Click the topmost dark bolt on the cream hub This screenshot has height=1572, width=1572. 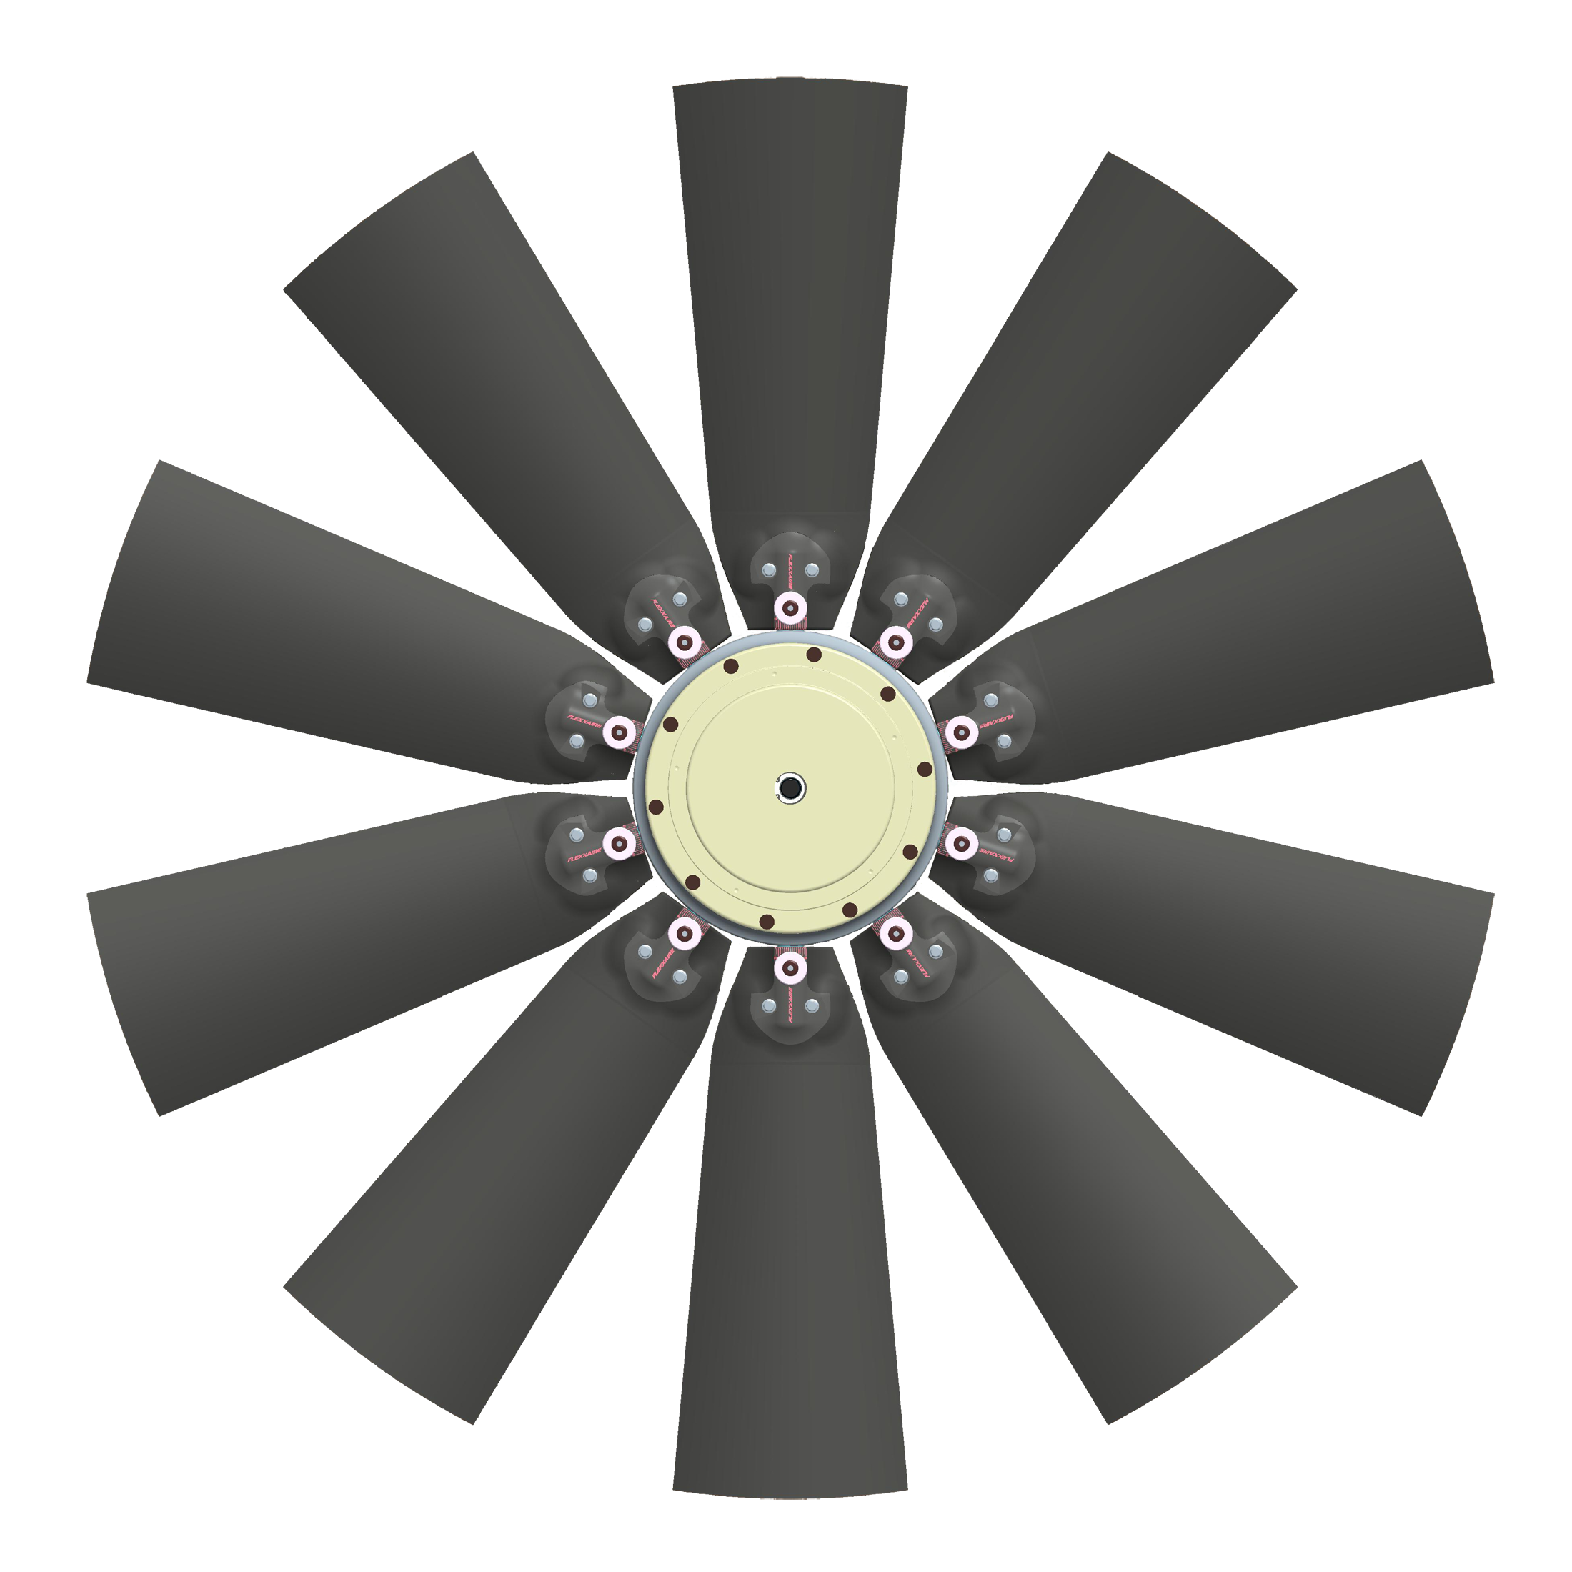tap(813, 655)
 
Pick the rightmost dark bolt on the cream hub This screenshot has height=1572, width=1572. tap(925, 769)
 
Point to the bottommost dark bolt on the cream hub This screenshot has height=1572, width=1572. tap(767, 921)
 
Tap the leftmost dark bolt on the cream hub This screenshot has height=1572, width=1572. tap(656, 807)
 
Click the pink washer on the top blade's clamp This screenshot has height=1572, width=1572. tap(790, 606)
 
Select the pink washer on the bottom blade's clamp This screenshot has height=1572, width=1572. tap(790, 967)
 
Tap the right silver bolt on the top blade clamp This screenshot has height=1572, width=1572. tap(811, 573)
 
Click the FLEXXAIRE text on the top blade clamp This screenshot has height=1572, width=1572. tap(790, 574)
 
